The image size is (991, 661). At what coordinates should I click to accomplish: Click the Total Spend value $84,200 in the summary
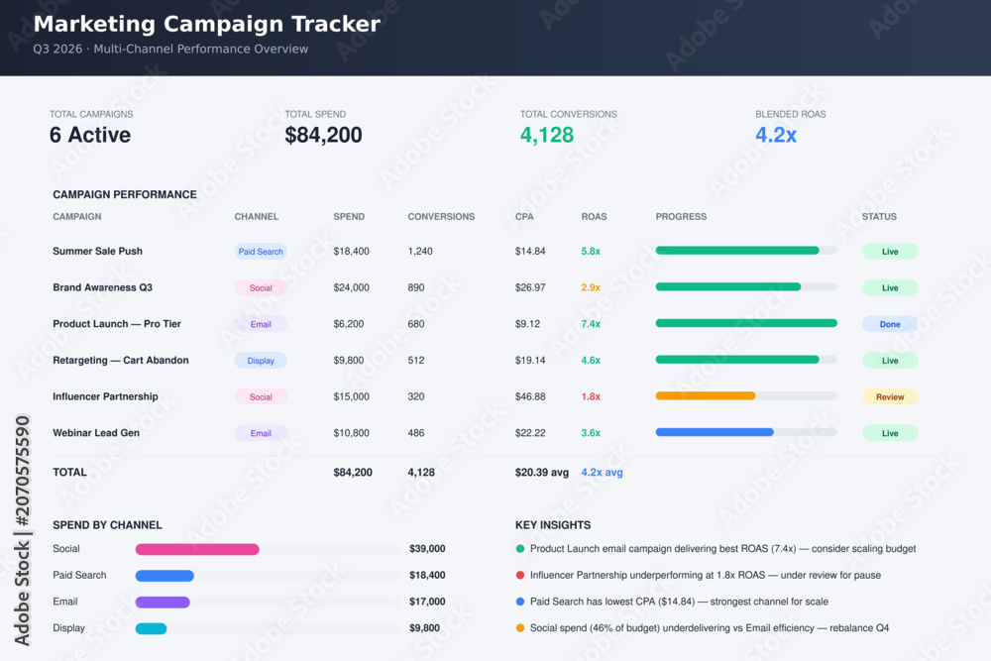click(x=323, y=135)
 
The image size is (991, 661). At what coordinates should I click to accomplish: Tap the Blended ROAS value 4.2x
click(x=776, y=135)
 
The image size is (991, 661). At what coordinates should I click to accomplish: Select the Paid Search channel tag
click(x=261, y=252)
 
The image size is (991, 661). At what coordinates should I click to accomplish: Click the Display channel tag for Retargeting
click(x=261, y=361)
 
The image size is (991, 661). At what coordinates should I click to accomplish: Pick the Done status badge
click(x=890, y=324)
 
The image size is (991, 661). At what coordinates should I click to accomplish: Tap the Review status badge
click(x=890, y=396)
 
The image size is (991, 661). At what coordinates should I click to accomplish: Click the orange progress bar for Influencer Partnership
click(x=706, y=396)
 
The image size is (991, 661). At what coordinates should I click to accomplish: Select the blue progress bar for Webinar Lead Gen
click(x=715, y=432)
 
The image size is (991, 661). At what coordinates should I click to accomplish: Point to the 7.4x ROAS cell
click(x=591, y=324)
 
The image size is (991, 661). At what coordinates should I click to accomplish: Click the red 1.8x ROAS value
click(x=591, y=396)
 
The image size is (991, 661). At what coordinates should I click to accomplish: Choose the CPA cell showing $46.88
click(x=529, y=396)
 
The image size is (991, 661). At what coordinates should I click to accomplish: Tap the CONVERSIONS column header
click(x=441, y=217)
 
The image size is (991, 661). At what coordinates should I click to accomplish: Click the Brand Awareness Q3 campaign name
click(x=102, y=287)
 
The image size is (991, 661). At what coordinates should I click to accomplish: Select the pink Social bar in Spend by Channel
click(x=197, y=549)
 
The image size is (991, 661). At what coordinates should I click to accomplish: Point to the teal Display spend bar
click(x=151, y=628)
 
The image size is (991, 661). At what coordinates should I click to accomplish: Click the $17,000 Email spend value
click(x=427, y=602)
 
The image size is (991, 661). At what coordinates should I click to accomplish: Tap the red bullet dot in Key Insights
click(x=520, y=575)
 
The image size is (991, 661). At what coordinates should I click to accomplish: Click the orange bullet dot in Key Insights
click(x=520, y=628)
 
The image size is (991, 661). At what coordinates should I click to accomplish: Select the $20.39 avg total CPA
click(x=542, y=473)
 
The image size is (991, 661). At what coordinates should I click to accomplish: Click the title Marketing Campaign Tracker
click(x=207, y=24)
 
